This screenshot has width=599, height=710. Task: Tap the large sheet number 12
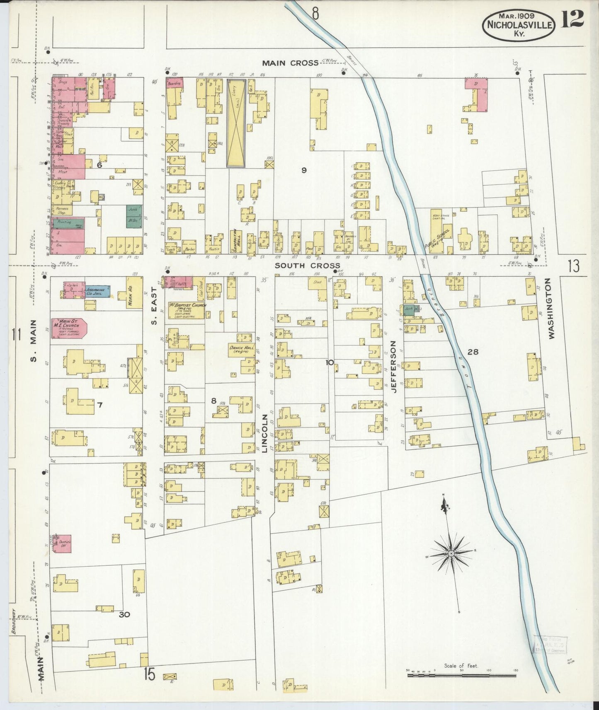pyautogui.click(x=572, y=19)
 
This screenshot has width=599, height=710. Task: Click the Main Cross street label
pyautogui.click(x=290, y=63)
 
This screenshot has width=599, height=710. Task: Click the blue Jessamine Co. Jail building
pyautogui.click(x=98, y=291)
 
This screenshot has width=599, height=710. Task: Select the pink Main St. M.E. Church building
pyautogui.click(x=68, y=328)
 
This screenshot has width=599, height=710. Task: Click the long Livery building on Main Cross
pyautogui.click(x=236, y=123)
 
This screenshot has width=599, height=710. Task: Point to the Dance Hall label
pyautogui.click(x=242, y=349)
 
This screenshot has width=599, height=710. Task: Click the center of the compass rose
pyautogui.click(x=451, y=554)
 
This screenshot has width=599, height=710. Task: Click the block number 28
pyautogui.click(x=473, y=352)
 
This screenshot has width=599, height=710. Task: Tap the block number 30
pyautogui.click(x=124, y=614)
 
